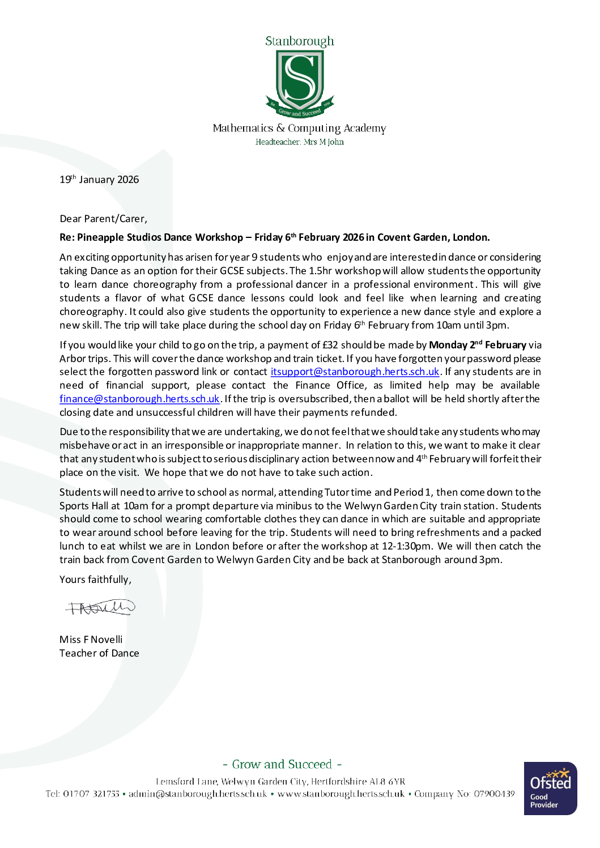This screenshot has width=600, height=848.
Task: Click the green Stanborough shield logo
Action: tap(300, 80)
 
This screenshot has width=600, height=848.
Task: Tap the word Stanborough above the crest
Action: tap(299, 41)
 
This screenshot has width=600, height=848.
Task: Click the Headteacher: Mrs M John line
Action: tap(299, 142)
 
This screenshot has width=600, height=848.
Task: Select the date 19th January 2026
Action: tap(99, 180)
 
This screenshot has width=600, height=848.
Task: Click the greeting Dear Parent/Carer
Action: tap(103, 219)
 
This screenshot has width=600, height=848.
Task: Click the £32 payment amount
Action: tap(330, 345)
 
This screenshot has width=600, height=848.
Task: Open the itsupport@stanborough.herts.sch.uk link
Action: tap(355, 372)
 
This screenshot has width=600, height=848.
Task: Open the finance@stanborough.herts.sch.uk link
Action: tap(139, 399)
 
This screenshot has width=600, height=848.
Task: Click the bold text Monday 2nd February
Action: tap(477, 345)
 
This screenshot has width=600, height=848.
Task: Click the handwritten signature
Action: tap(100, 608)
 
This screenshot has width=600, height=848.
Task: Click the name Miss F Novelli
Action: tap(91, 640)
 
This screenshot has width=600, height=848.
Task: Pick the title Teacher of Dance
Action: tap(99, 653)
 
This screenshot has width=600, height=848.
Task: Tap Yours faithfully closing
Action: tap(95, 579)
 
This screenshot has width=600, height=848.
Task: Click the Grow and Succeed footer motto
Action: tap(282, 764)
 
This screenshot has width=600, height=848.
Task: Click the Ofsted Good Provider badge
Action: tap(550, 789)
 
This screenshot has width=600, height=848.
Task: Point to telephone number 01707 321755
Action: tap(91, 794)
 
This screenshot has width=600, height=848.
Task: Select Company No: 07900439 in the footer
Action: tap(464, 794)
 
